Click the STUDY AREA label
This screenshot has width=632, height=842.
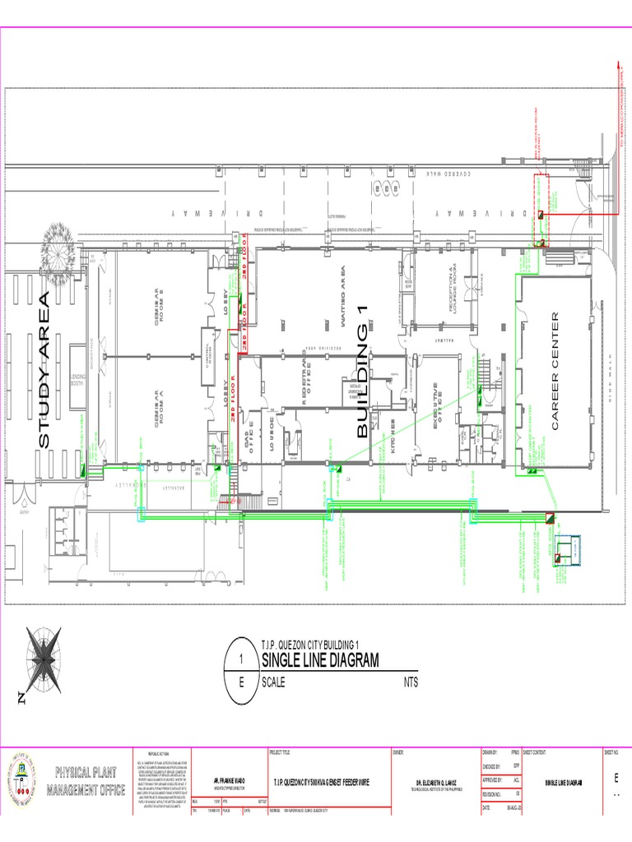click(44, 370)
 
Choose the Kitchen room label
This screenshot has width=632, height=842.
click(394, 445)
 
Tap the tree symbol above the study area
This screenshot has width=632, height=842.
click(57, 242)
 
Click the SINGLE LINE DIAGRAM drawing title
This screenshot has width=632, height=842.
click(320, 660)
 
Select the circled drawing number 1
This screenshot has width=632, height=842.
click(241, 659)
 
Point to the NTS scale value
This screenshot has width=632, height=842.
click(411, 682)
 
